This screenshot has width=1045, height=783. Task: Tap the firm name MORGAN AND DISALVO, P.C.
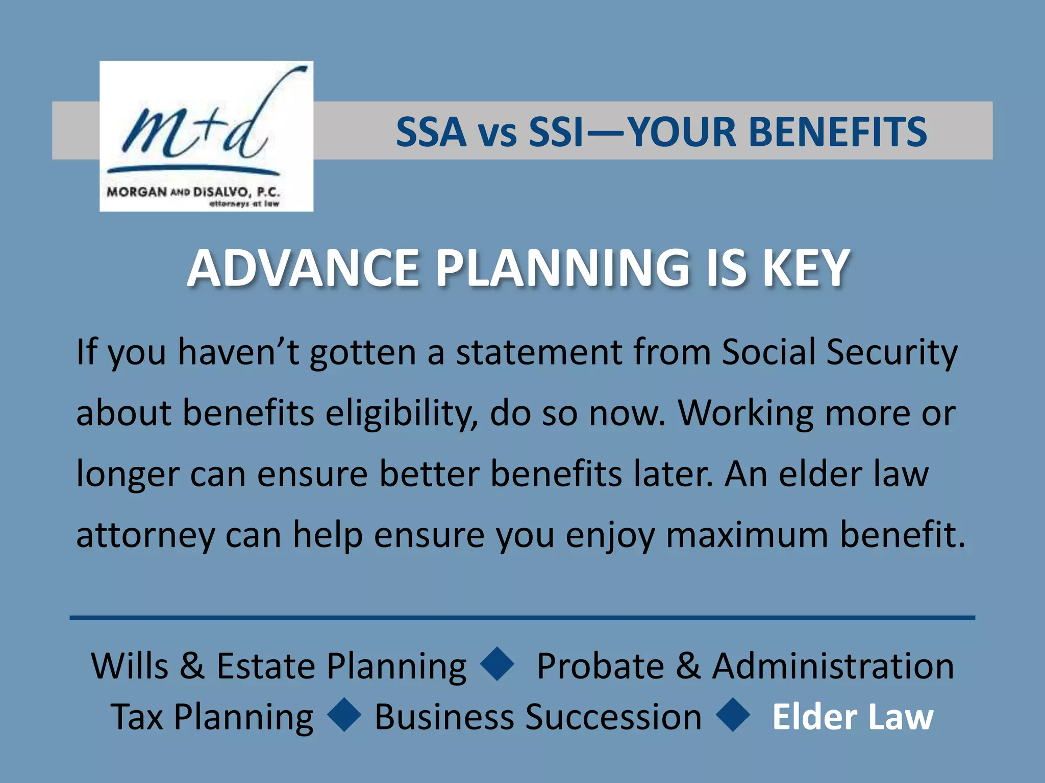click(x=193, y=192)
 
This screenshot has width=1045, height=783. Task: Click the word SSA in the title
click(x=431, y=132)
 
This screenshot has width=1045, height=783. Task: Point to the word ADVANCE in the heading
click(x=303, y=269)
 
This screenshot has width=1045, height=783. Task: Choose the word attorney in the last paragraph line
click(x=145, y=535)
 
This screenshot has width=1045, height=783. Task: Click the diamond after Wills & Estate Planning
click(x=498, y=664)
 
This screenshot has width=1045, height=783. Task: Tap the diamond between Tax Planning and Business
click(x=344, y=715)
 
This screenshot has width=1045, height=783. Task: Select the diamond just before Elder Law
click(x=733, y=715)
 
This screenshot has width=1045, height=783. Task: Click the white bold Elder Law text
click(x=853, y=717)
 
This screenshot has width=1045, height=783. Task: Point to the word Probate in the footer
click(x=600, y=666)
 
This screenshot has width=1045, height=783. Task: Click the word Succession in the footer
click(x=613, y=717)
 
